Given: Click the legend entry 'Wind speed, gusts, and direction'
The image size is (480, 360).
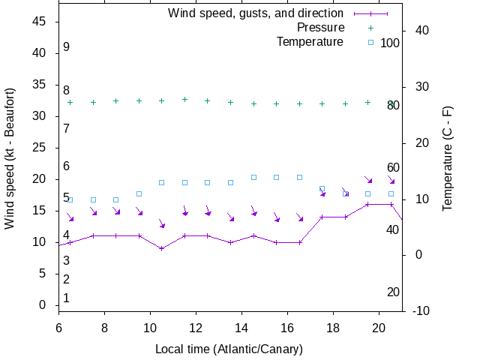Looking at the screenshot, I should click(255, 13).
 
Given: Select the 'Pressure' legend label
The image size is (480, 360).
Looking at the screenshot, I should click(320, 27).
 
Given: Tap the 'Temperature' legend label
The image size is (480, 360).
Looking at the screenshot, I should click(310, 41).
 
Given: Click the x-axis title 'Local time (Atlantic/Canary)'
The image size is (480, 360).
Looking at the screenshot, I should click(229, 349).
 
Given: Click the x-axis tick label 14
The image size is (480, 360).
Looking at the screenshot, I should click(241, 327).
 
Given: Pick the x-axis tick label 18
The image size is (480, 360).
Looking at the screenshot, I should click(333, 327).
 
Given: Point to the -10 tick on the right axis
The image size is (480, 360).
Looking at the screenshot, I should click(420, 310).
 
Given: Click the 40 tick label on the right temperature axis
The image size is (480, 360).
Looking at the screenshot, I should click(420, 30).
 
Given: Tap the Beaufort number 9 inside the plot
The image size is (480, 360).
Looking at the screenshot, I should click(66, 47).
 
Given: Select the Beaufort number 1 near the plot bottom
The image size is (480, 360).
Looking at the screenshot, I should click(66, 298).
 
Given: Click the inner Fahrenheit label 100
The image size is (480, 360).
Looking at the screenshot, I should click(390, 43).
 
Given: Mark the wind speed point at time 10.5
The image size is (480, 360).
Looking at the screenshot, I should click(161, 248).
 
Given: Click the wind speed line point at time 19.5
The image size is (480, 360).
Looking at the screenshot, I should click(367, 204).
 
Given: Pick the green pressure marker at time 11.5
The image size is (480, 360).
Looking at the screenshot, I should click(184, 99).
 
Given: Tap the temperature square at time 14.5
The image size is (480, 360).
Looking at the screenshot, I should click(253, 177).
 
